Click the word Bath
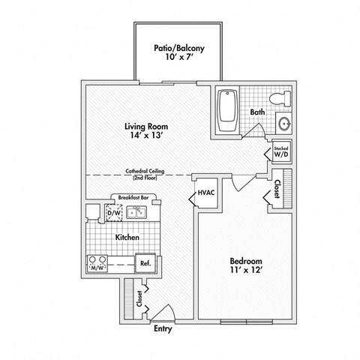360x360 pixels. (x=257, y=112)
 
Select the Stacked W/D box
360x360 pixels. (x=281, y=152)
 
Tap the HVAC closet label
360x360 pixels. (x=206, y=193)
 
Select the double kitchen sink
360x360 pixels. (x=137, y=214)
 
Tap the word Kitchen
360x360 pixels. (x=127, y=237)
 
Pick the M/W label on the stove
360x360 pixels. (x=97, y=266)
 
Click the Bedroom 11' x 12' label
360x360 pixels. (x=245, y=266)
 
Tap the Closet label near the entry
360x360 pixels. (x=138, y=298)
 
